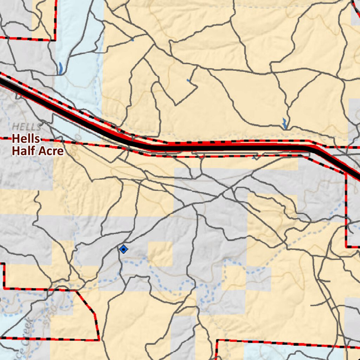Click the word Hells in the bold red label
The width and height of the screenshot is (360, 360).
[26, 139]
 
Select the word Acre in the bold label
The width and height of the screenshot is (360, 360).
[50, 151]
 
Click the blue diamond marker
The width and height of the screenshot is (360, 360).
[123, 249]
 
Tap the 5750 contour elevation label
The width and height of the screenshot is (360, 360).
[49, 314]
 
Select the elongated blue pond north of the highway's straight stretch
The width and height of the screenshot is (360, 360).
[284, 123]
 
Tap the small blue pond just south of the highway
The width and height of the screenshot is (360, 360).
[254, 158]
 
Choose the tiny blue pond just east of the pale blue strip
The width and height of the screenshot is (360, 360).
[132, 40]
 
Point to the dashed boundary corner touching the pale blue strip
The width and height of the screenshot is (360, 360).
[55, 40]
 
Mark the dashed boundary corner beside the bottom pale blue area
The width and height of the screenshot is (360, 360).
[217, 340]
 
